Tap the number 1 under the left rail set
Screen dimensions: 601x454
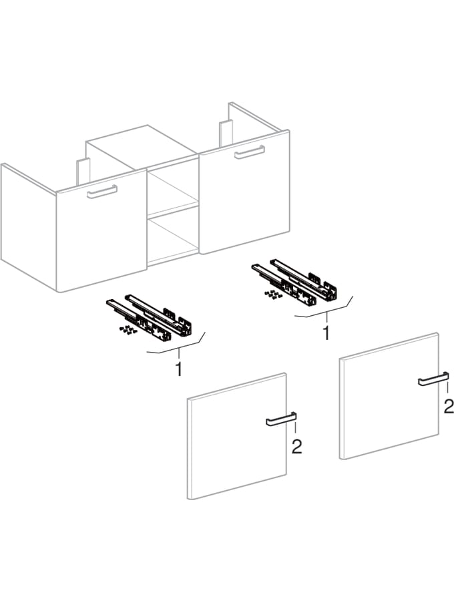(178, 369)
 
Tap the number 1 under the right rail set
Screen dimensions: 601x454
(326, 333)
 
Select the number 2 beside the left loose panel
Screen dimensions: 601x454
(296, 447)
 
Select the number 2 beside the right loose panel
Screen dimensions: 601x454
(448, 405)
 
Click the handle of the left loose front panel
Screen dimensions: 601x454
(280, 420)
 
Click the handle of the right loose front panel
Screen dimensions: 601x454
(432, 379)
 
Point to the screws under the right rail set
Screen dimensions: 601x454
(272, 293)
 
